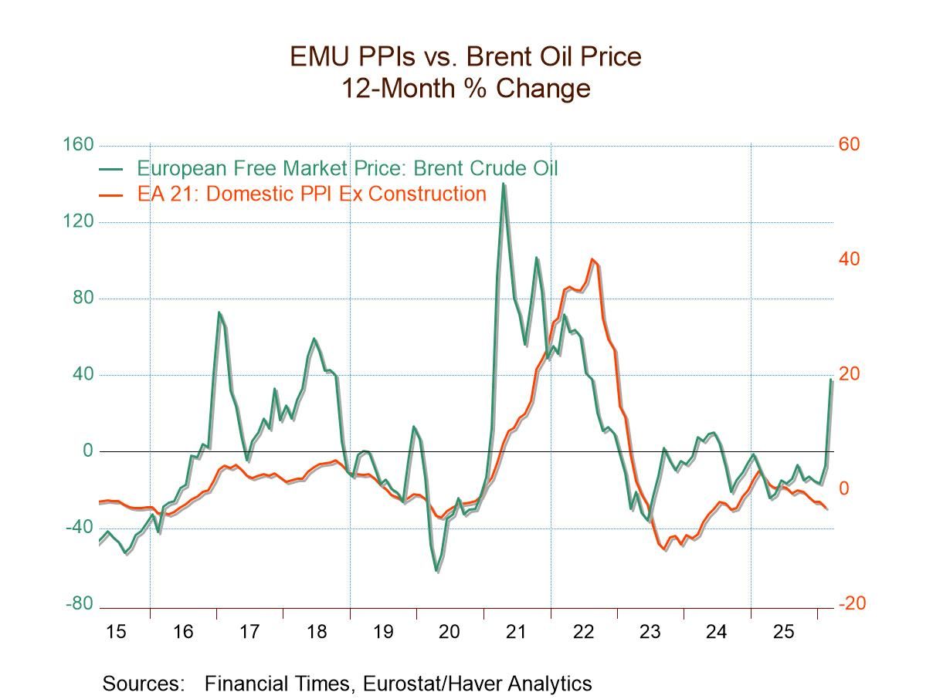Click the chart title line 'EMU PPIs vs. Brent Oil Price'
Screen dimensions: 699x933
[x=466, y=56]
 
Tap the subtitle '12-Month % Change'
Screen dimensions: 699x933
[x=466, y=88]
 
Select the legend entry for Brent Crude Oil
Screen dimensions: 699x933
[x=347, y=168]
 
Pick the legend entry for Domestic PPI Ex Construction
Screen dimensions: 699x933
[x=311, y=193]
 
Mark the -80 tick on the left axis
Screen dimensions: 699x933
[x=80, y=604]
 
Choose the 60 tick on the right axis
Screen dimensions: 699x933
[x=849, y=145]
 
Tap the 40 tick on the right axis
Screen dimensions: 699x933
[x=849, y=259]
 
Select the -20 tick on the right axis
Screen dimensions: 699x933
[x=852, y=604]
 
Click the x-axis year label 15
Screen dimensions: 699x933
[x=115, y=632]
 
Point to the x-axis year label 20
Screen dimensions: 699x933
[x=450, y=632]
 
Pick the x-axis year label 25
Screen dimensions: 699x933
[x=783, y=632]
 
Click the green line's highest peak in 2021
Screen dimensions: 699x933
[x=504, y=184]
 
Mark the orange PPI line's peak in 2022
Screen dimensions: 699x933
[x=592, y=259]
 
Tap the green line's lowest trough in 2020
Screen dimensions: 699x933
[x=436, y=571]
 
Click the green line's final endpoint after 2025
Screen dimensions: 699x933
[x=832, y=379]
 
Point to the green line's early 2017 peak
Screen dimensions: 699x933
[x=219, y=312]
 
